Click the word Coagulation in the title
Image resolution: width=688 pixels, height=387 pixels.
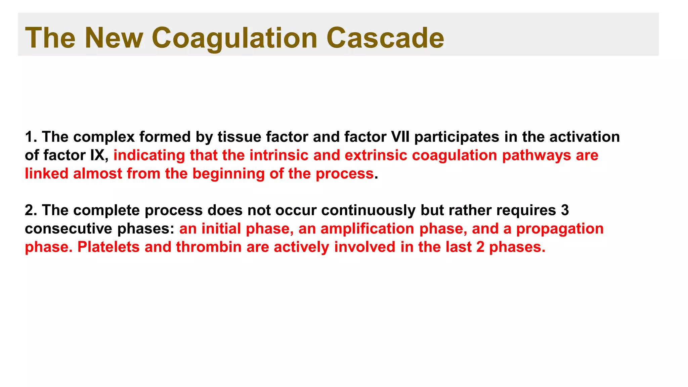234,38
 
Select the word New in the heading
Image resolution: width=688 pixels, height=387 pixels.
114,38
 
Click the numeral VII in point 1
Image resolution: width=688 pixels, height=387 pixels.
400,137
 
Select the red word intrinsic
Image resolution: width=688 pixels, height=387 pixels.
279,156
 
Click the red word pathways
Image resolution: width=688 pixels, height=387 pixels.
536,156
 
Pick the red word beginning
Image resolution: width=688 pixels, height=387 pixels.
228,174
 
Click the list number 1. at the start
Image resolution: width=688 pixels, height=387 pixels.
31,137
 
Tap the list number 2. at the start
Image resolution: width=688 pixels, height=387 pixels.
31,211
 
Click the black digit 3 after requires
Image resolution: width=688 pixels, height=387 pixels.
565,211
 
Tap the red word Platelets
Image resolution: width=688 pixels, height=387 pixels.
109,247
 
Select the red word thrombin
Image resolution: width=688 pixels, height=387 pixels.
209,247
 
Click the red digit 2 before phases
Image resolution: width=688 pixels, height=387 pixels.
480,247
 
